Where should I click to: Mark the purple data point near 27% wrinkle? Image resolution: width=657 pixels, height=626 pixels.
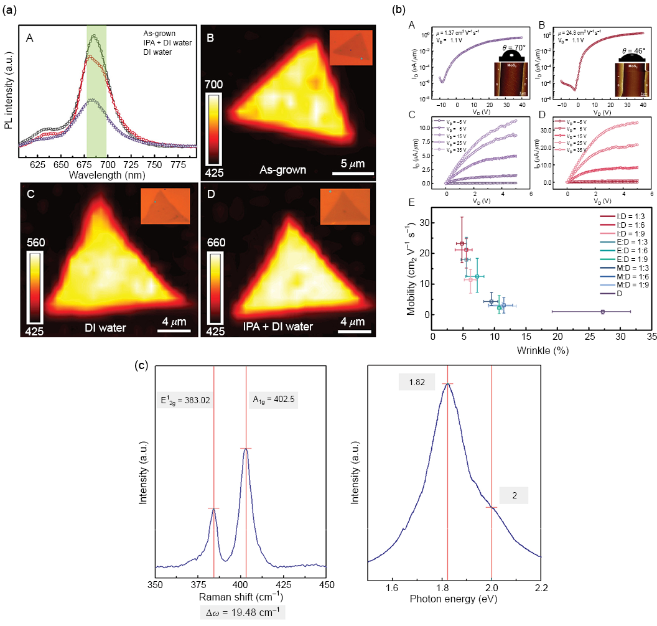pyautogui.click(x=602, y=312)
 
